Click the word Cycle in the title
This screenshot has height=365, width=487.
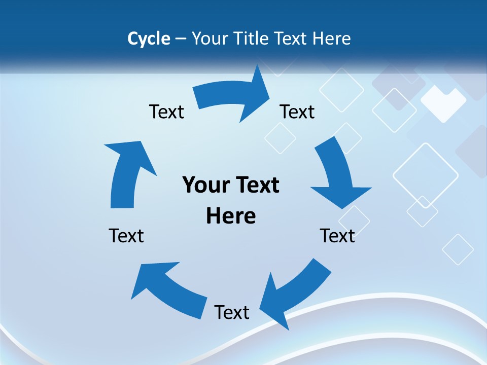[x=149, y=39]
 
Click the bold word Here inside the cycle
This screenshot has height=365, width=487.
[x=231, y=216]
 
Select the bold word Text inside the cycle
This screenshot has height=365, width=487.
[x=255, y=185]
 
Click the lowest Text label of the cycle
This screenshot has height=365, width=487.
[x=232, y=312]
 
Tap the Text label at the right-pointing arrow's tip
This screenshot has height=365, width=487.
[x=297, y=112]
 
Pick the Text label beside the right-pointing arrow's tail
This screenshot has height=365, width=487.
[x=166, y=112]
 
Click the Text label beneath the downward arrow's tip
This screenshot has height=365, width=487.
[x=337, y=236]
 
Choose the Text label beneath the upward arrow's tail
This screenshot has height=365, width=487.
[x=126, y=236]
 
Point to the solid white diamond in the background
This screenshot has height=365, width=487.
[x=443, y=103]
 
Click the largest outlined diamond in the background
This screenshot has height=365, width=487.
[x=426, y=175]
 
